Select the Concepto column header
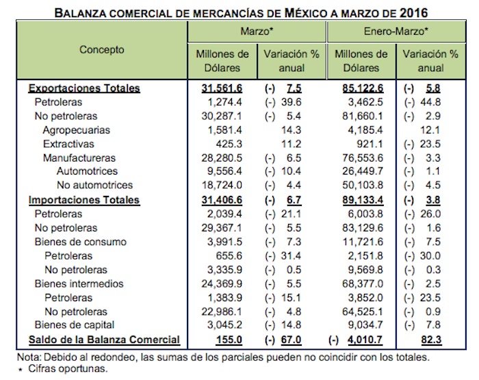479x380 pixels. tap(102, 50)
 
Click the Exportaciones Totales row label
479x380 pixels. tap(84, 88)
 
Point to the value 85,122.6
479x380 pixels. tap(362, 88)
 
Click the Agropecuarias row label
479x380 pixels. tap(76, 129)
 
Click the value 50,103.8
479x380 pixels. tap(366, 186)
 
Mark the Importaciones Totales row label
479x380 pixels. tap(83, 200)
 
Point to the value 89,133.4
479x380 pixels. tap(362, 200)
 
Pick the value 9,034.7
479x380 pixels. tap(369, 325)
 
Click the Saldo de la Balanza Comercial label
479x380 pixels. tap(103, 340)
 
